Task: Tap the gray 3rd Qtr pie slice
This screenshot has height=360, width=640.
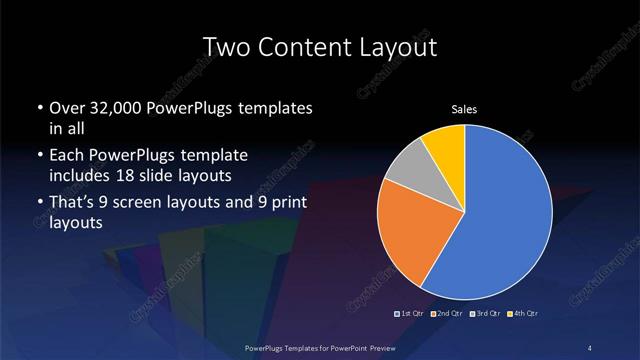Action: (x=407, y=173)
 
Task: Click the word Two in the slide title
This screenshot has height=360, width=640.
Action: (x=223, y=47)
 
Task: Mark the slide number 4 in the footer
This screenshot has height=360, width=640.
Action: (x=592, y=347)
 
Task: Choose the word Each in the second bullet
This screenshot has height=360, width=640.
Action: (x=65, y=157)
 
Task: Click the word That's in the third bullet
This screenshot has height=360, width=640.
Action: (x=72, y=204)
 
